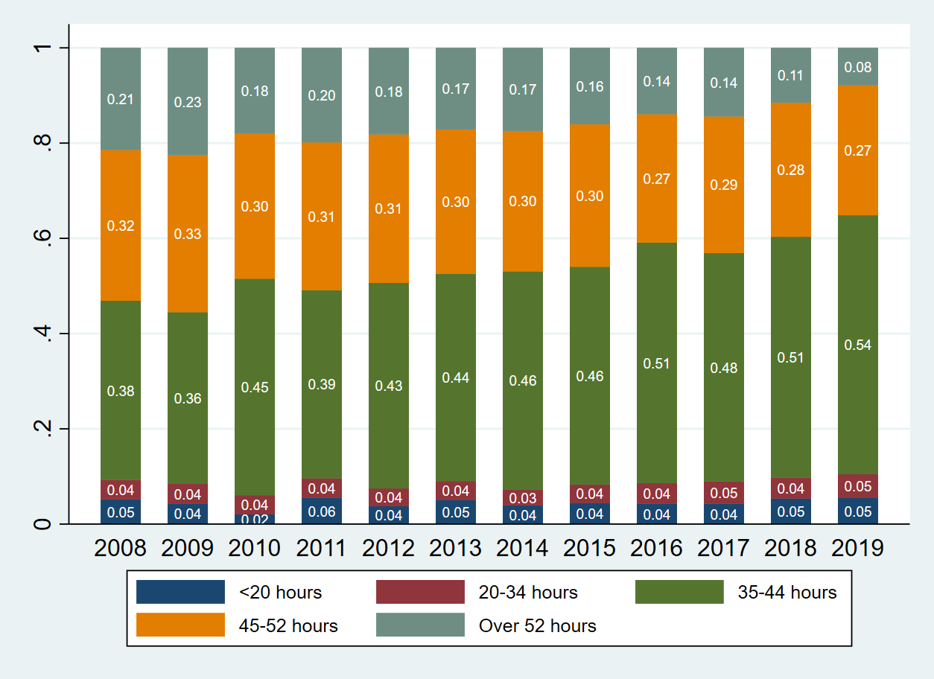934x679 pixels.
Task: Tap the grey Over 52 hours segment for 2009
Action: pyautogui.click(x=188, y=127)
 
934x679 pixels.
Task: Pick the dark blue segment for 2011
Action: pyautogui.click(x=322, y=511)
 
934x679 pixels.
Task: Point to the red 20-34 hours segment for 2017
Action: pyautogui.click(x=724, y=493)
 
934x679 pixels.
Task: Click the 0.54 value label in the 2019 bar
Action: pyautogui.click(x=858, y=345)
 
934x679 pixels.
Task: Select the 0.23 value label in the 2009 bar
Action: pyautogui.click(x=188, y=103)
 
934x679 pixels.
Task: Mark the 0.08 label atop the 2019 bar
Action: pyautogui.click(x=858, y=68)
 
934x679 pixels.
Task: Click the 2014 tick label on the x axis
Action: pyautogui.click(x=522, y=549)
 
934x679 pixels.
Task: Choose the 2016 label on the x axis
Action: pyautogui.click(x=656, y=549)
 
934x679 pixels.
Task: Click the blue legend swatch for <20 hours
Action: pyautogui.click(x=180, y=592)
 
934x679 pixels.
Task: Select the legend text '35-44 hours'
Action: pyautogui.click(x=787, y=593)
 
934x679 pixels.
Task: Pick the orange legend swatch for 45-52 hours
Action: pyautogui.click(x=180, y=625)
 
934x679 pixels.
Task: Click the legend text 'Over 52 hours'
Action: pyautogui.click(x=537, y=626)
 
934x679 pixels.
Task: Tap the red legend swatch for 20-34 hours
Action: pyautogui.click(x=420, y=592)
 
